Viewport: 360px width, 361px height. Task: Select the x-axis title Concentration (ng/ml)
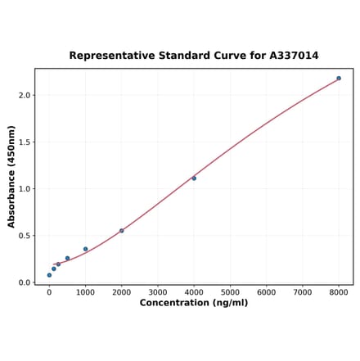click(194, 303)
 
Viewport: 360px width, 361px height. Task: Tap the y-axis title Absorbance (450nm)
click(11, 177)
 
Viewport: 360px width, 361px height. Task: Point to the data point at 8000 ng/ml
click(339, 79)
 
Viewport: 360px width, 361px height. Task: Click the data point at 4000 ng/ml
click(194, 178)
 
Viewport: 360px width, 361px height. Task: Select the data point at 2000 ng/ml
click(122, 231)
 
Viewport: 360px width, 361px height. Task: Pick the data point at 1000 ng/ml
click(85, 249)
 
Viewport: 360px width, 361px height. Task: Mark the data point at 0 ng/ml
click(49, 275)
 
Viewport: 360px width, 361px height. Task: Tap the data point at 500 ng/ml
click(67, 258)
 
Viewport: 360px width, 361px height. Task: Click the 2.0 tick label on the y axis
click(25, 95)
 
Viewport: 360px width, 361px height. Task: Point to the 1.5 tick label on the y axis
click(25, 142)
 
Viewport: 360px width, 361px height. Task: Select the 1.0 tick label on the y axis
click(25, 189)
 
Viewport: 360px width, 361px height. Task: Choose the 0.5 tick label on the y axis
click(25, 236)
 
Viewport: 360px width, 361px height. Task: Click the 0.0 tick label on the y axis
click(25, 282)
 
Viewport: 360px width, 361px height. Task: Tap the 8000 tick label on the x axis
click(339, 291)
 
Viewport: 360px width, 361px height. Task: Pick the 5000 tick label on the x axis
click(230, 291)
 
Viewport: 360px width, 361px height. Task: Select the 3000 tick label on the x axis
click(158, 291)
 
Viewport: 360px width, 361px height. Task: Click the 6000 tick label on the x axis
click(266, 291)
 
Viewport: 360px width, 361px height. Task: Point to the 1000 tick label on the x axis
click(85, 291)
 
